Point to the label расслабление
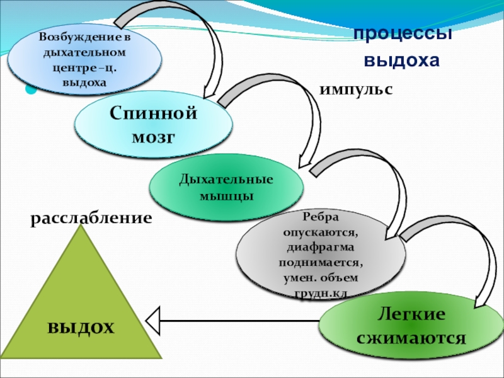(92, 218)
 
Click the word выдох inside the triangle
(81, 328)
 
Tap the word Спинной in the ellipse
(154, 115)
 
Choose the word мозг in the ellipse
(152, 137)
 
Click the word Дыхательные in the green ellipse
(226, 180)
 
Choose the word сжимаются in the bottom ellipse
(411, 337)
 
